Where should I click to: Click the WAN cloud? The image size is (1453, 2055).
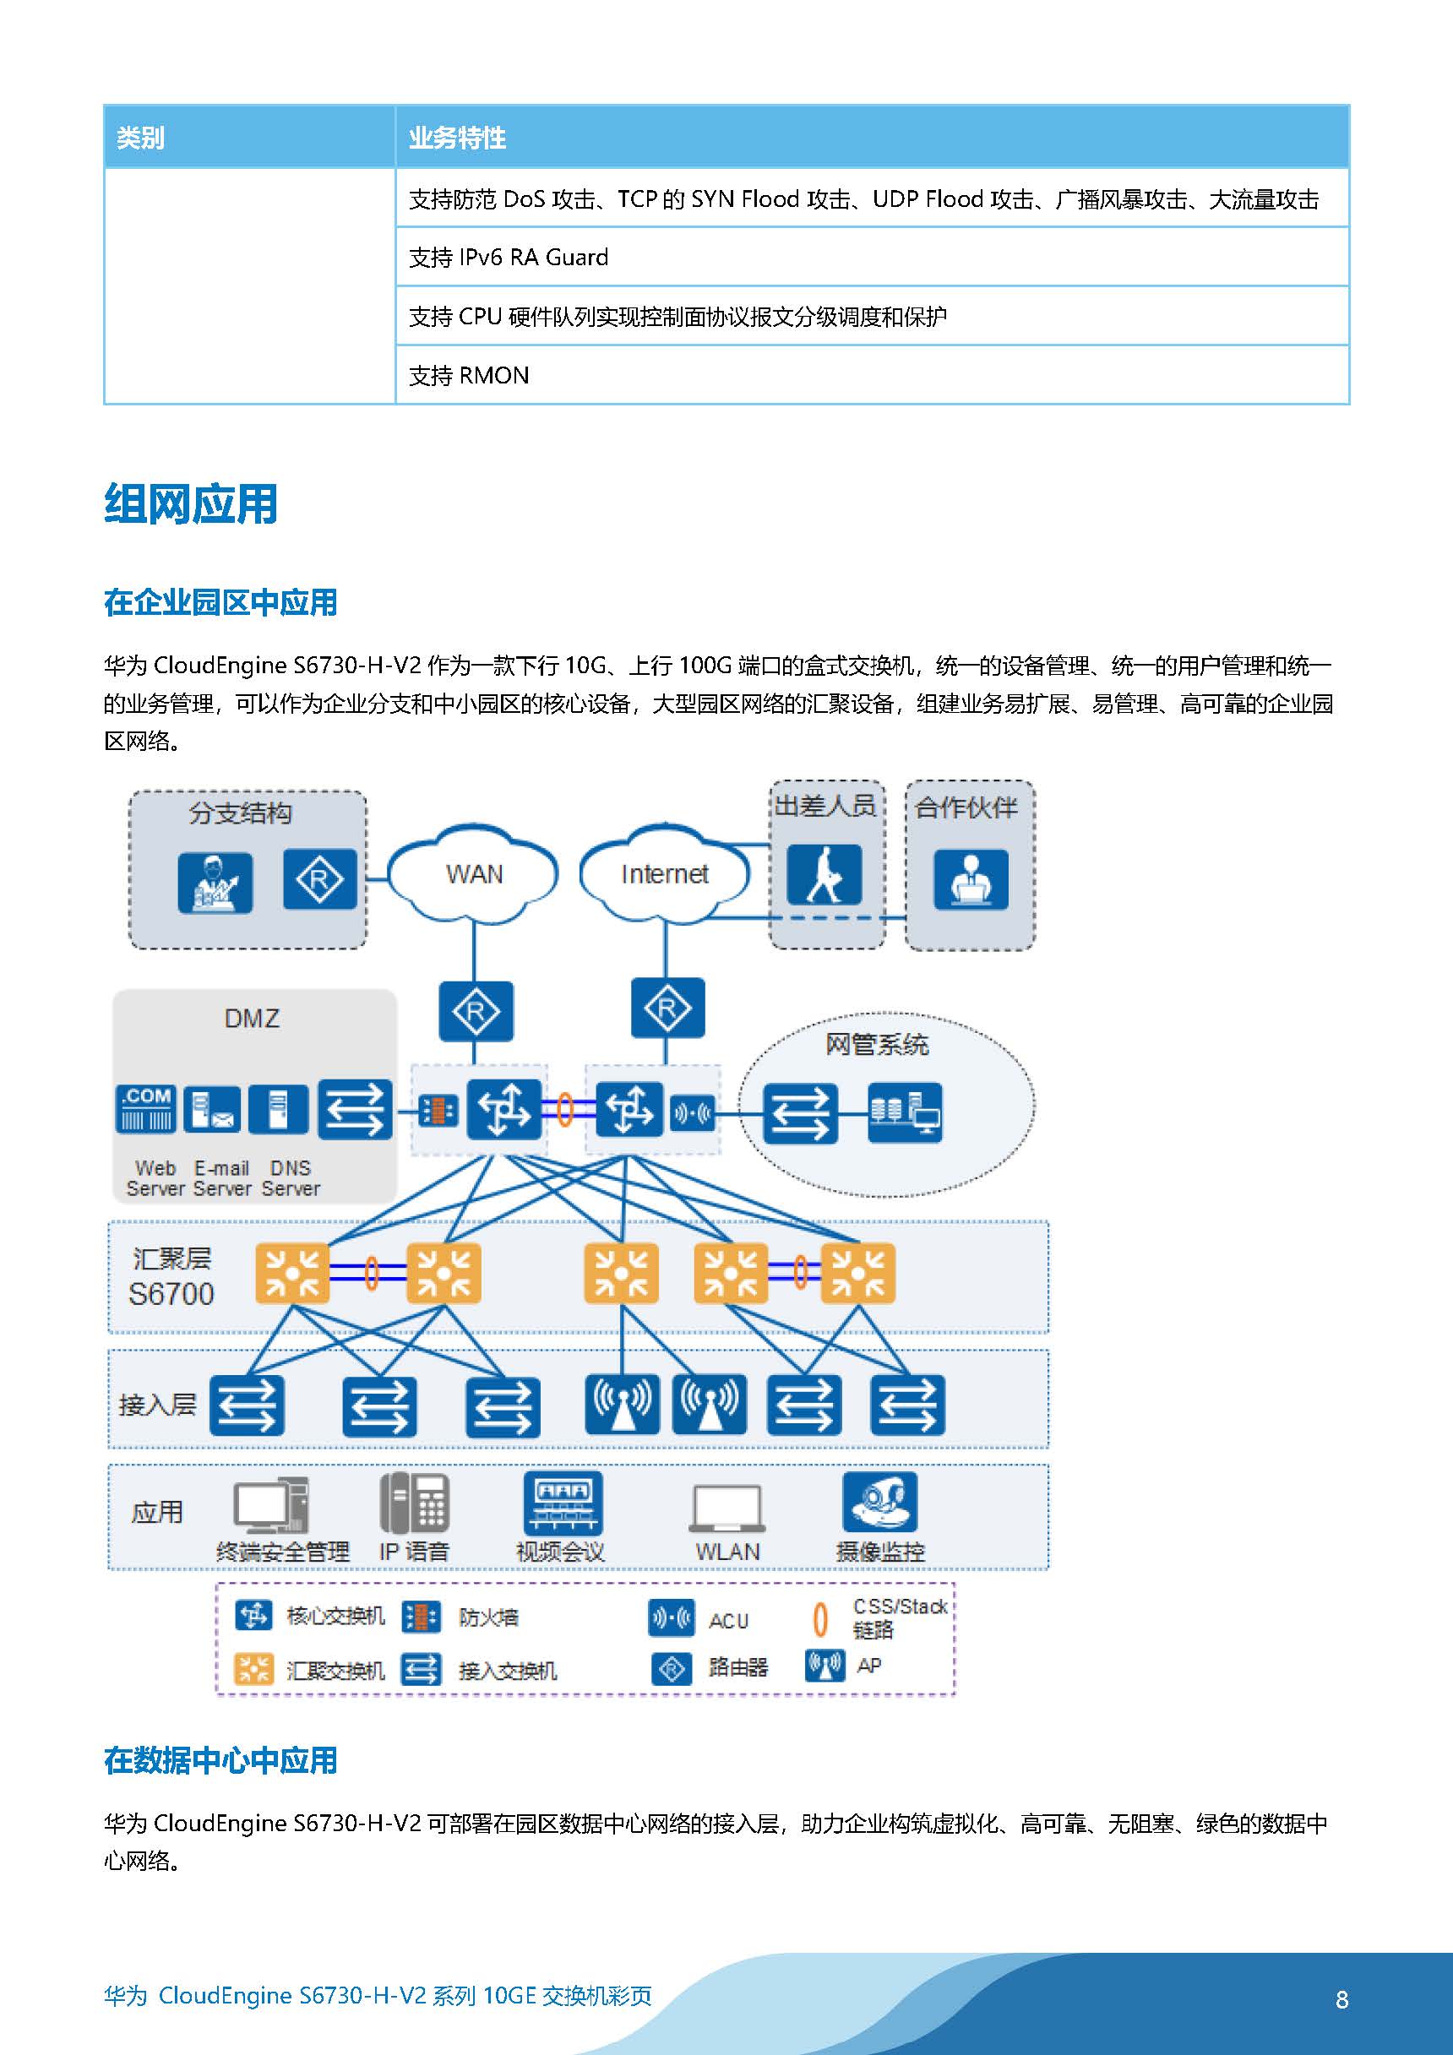(x=474, y=873)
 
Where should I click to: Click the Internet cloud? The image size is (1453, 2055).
(x=664, y=873)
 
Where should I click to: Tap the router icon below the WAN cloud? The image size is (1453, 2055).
(x=476, y=1011)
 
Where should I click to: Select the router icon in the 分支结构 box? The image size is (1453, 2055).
(x=319, y=880)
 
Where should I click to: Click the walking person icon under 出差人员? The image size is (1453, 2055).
(x=824, y=874)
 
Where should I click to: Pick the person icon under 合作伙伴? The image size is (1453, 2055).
(x=971, y=880)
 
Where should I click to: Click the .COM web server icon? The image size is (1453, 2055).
(x=146, y=1110)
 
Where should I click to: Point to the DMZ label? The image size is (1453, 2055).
(x=252, y=1018)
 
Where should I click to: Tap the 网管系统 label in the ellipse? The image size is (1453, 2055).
(x=877, y=1045)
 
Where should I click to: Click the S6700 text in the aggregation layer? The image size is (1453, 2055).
(x=171, y=1293)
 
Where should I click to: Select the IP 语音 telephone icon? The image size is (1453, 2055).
(x=414, y=1503)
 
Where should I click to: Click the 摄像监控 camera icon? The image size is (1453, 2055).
(x=879, y=1502)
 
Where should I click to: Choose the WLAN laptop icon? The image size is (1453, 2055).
(x=727, y=1509)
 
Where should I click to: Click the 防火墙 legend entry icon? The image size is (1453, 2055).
(x=420, y=1617)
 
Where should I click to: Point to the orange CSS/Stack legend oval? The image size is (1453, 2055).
(x=819, y=1619)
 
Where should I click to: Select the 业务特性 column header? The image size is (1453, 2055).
(x=458, y=138)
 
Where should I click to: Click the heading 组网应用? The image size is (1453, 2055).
(x=191, y=504)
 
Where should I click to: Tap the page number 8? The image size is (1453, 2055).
(x=1341, y=1999)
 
